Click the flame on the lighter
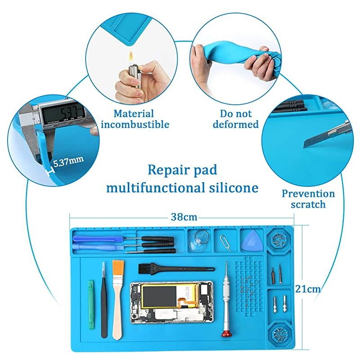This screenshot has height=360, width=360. point(131,57)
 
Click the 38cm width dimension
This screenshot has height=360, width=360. point(183,217)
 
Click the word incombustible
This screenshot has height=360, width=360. point(135,125)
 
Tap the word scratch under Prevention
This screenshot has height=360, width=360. point(308,205)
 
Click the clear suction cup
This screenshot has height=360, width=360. point(197,242)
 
